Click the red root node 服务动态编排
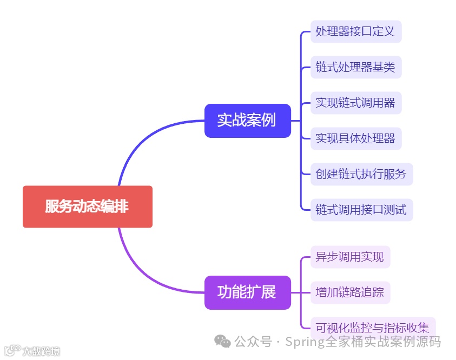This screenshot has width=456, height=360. [x=87, y=206]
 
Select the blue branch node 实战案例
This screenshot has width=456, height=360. [x=247, y=121]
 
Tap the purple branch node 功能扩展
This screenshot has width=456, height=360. [x=247, y=292]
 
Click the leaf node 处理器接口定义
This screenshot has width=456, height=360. [x=355, y=31]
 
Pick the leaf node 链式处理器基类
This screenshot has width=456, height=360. [x=355, y=67]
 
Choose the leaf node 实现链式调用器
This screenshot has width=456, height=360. [x=355, y=103]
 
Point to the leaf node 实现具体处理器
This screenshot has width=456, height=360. [x=355, y=138]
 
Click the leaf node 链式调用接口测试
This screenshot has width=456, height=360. [x=361, y=210]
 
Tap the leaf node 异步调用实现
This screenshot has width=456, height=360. [x=349, y=257]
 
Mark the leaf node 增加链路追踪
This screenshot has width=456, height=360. [x=349, y=292]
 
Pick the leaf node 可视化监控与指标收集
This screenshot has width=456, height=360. [x=372, y=328]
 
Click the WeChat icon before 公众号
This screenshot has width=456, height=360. [x=222, y=341]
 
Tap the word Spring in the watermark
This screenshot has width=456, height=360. [x=304, y=342]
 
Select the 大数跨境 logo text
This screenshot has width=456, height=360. [x=41, y=351]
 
